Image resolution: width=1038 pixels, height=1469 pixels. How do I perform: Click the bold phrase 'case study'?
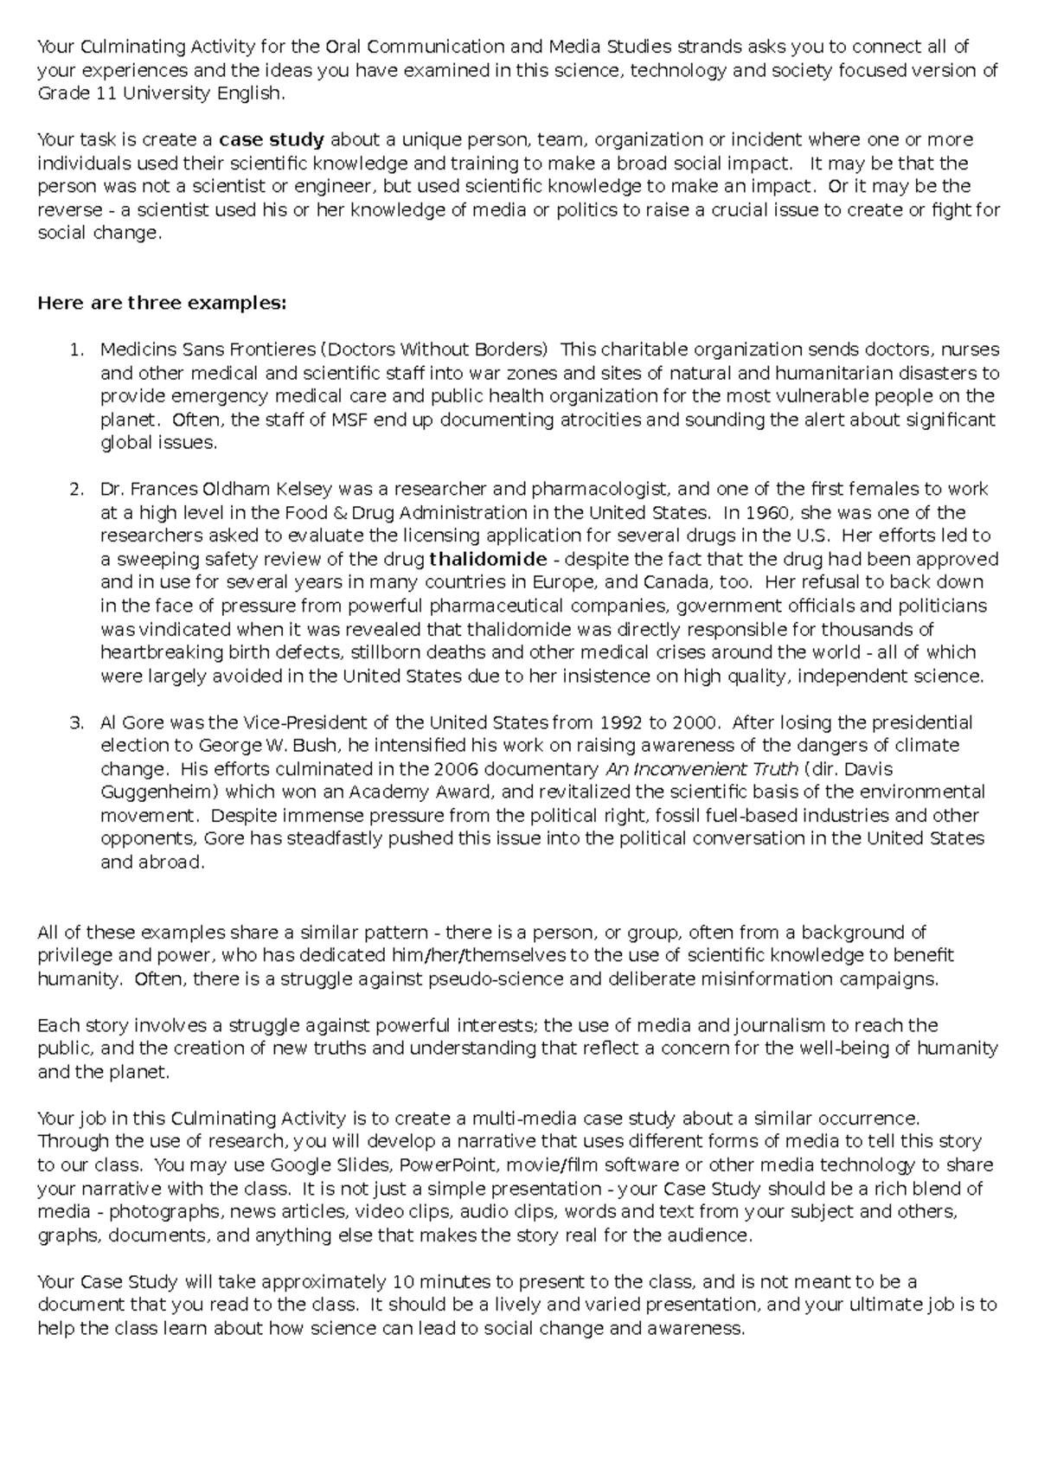pos(272,140)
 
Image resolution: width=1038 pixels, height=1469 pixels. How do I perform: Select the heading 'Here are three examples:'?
pos(161,304)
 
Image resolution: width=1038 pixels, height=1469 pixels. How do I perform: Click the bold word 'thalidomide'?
pos(488,559)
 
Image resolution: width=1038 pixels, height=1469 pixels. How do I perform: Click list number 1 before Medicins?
pos(76,350)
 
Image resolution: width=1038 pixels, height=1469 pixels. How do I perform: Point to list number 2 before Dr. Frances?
pos(76,490)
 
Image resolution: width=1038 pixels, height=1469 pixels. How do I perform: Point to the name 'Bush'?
pos(312,746)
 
